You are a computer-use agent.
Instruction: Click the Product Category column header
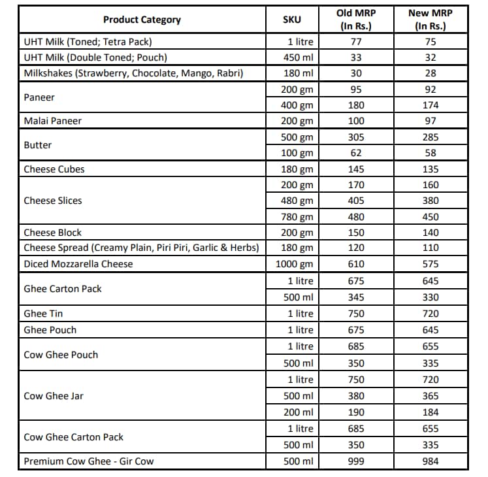(142, 20)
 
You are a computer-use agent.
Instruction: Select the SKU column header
(291, 20)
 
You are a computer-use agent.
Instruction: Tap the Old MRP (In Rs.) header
(356, 20)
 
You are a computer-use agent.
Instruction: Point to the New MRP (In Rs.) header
(430, 20)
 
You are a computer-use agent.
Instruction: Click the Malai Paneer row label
(53, 121)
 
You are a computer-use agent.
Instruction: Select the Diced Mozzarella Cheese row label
(78, 264)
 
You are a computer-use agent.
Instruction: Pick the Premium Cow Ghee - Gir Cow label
(89, 461)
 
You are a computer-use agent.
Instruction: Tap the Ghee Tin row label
(44, 314)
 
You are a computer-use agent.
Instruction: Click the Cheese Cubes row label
(54, 169)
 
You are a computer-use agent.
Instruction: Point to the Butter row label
(38, 145)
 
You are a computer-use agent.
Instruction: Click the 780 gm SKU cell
(297, 217)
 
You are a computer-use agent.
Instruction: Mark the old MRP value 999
(356, 461)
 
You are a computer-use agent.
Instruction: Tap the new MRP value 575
(431, 264)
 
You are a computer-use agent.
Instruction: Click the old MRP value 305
(356, 137)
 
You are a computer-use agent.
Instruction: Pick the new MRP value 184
(431, 412)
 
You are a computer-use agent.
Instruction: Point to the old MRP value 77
(356, 42)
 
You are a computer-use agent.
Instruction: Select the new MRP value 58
(431, 153)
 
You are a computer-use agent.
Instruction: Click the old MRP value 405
(356, 201)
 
